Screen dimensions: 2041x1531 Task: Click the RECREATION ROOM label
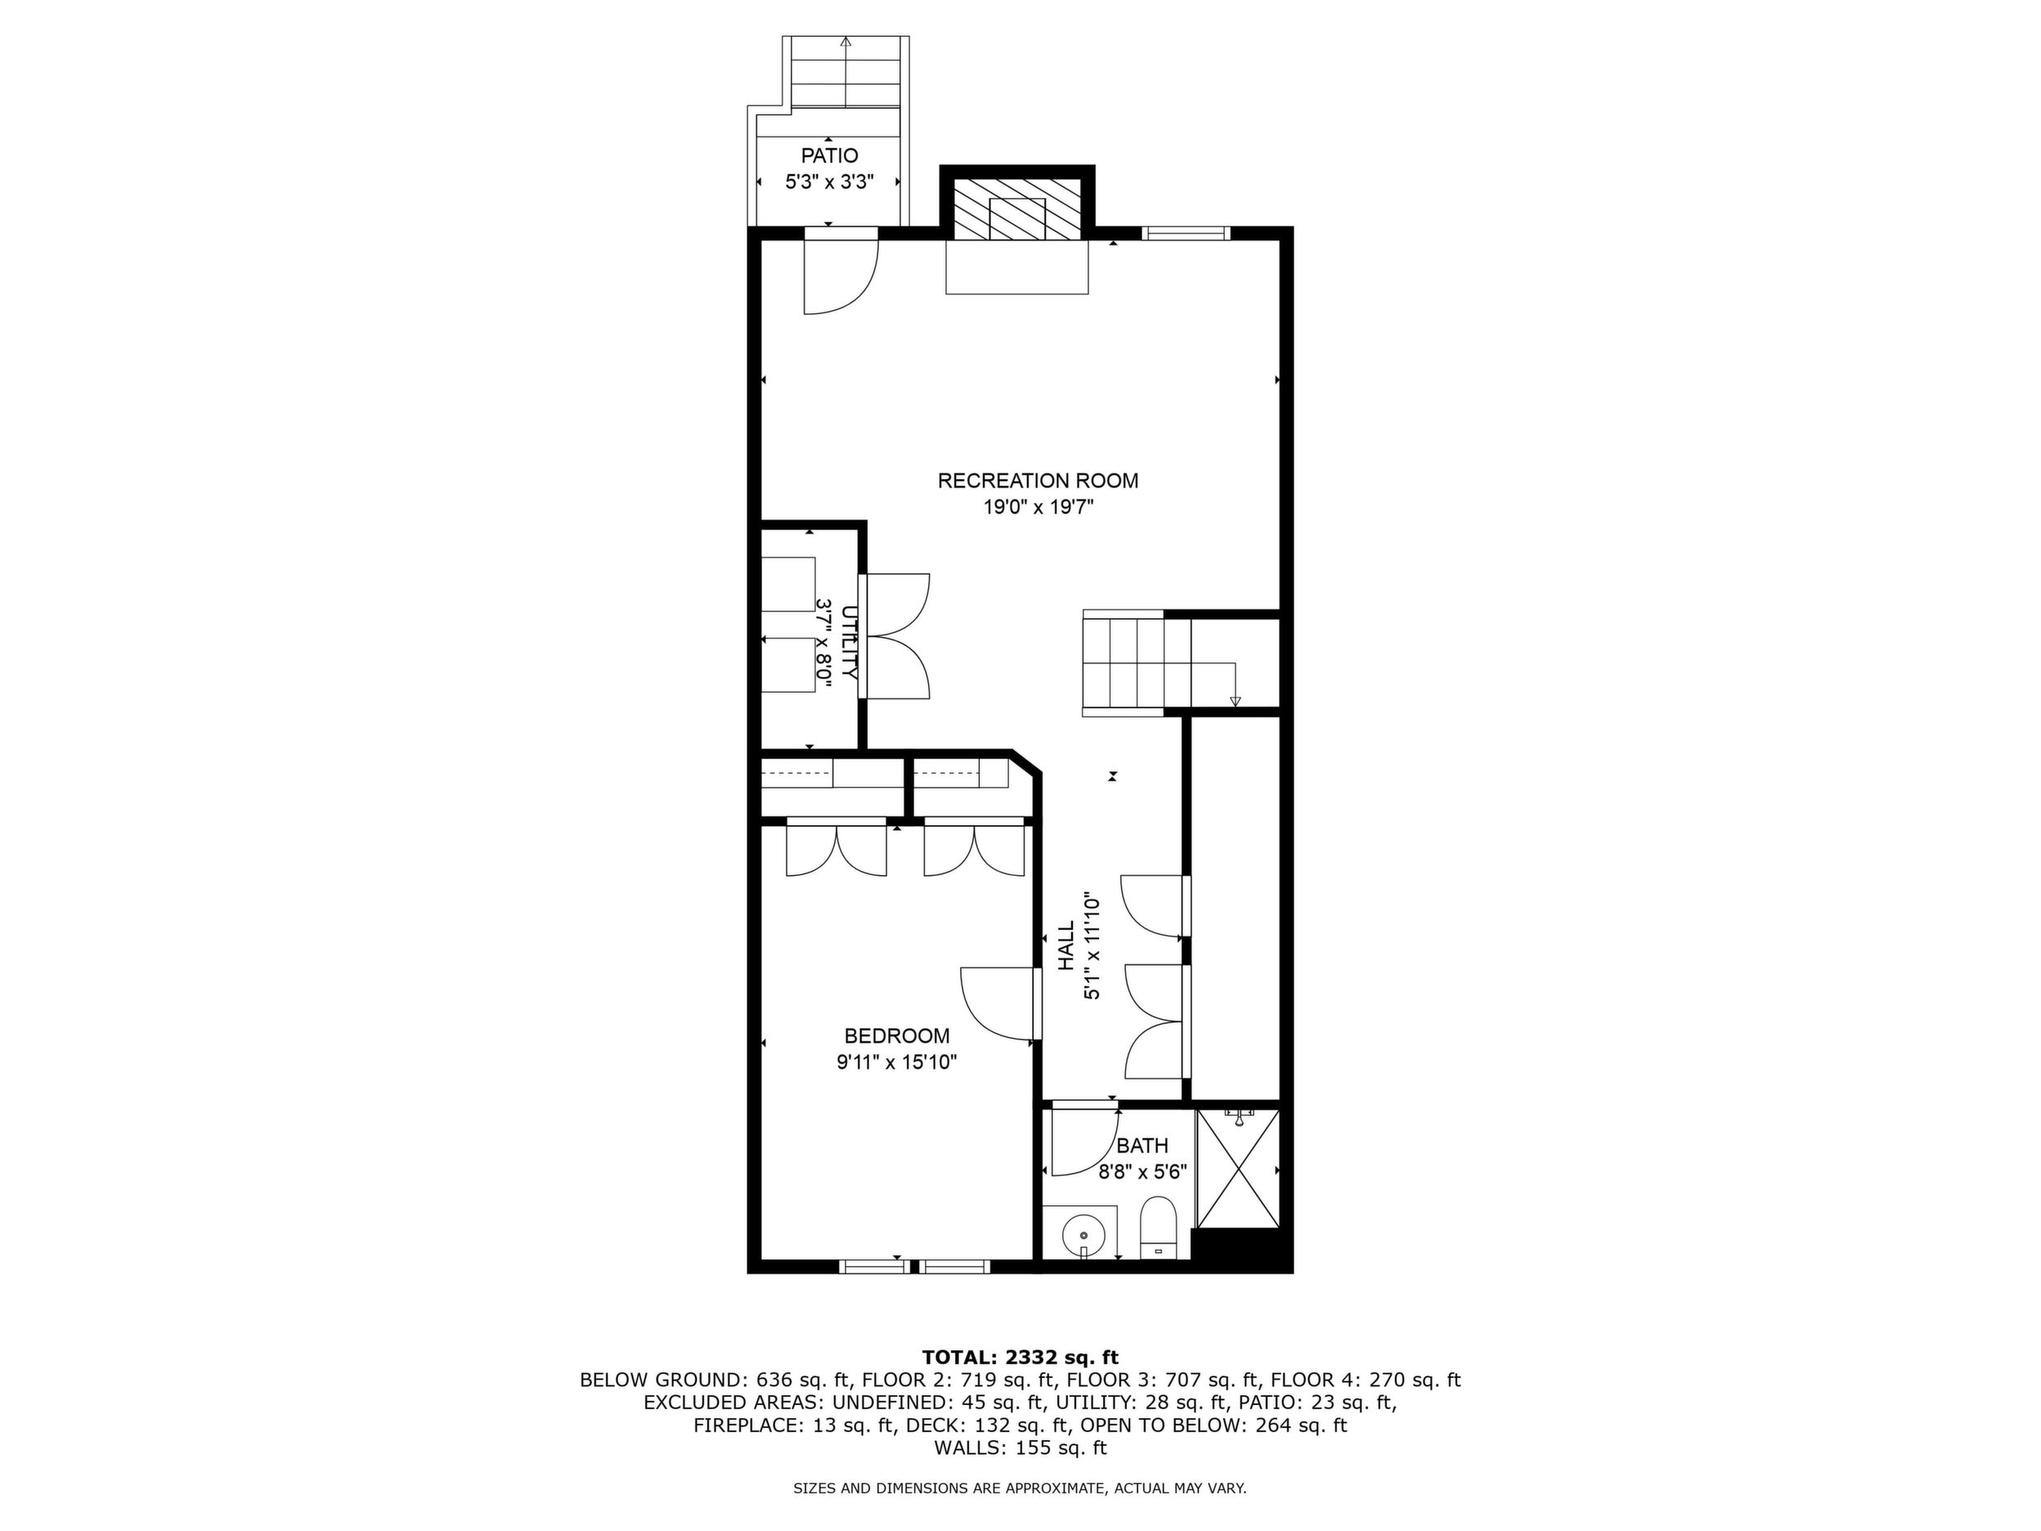coord(1038,481)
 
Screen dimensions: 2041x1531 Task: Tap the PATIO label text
coord(829,156)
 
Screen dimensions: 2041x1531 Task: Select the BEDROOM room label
coord(897,1036)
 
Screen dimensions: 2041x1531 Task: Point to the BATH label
coord(1142,1146)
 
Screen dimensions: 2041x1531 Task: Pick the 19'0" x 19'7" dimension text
coord(1038,506)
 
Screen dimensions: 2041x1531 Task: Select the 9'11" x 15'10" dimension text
coord(897,1062)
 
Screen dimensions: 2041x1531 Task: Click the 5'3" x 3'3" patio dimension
coord(829,182)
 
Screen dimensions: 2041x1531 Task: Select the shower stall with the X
coord(1237,1170)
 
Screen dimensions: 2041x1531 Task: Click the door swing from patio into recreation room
coord(841,274)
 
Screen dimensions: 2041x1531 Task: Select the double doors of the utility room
coord(896,637)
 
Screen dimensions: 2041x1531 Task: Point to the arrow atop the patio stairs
coord(846,41)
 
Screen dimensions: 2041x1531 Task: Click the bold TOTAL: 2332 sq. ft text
coord(1020,1358)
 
